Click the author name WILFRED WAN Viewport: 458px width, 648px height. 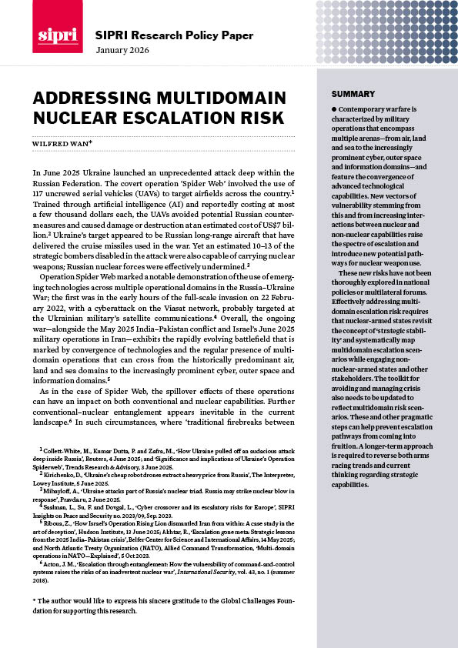[65, 142]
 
